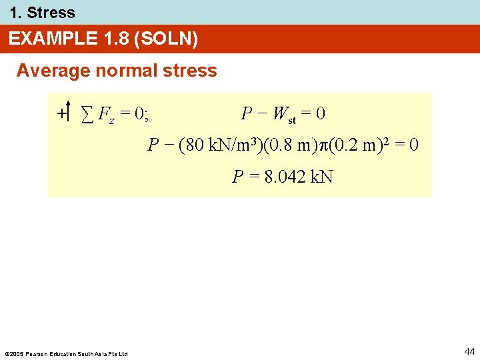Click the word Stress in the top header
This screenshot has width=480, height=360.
click(x=51, y=13)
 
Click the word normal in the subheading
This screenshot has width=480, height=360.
click(x=120, y=71)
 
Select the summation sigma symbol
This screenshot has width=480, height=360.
click(x=87, y=115)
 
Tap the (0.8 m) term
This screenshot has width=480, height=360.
click(x=293, y=145)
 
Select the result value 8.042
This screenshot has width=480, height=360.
click(x=286, y=177)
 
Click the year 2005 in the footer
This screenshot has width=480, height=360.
click(x=16, y=353)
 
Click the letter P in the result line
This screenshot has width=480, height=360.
click(x=237, y=177)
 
